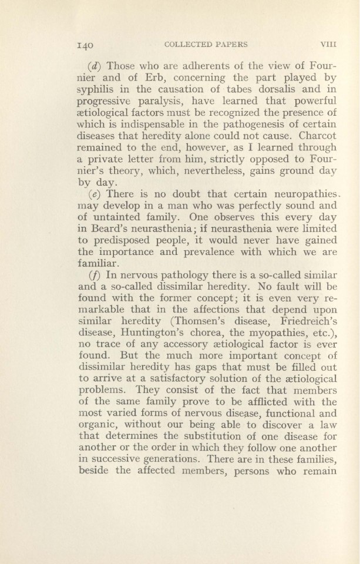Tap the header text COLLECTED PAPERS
[x=206, y=44]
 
